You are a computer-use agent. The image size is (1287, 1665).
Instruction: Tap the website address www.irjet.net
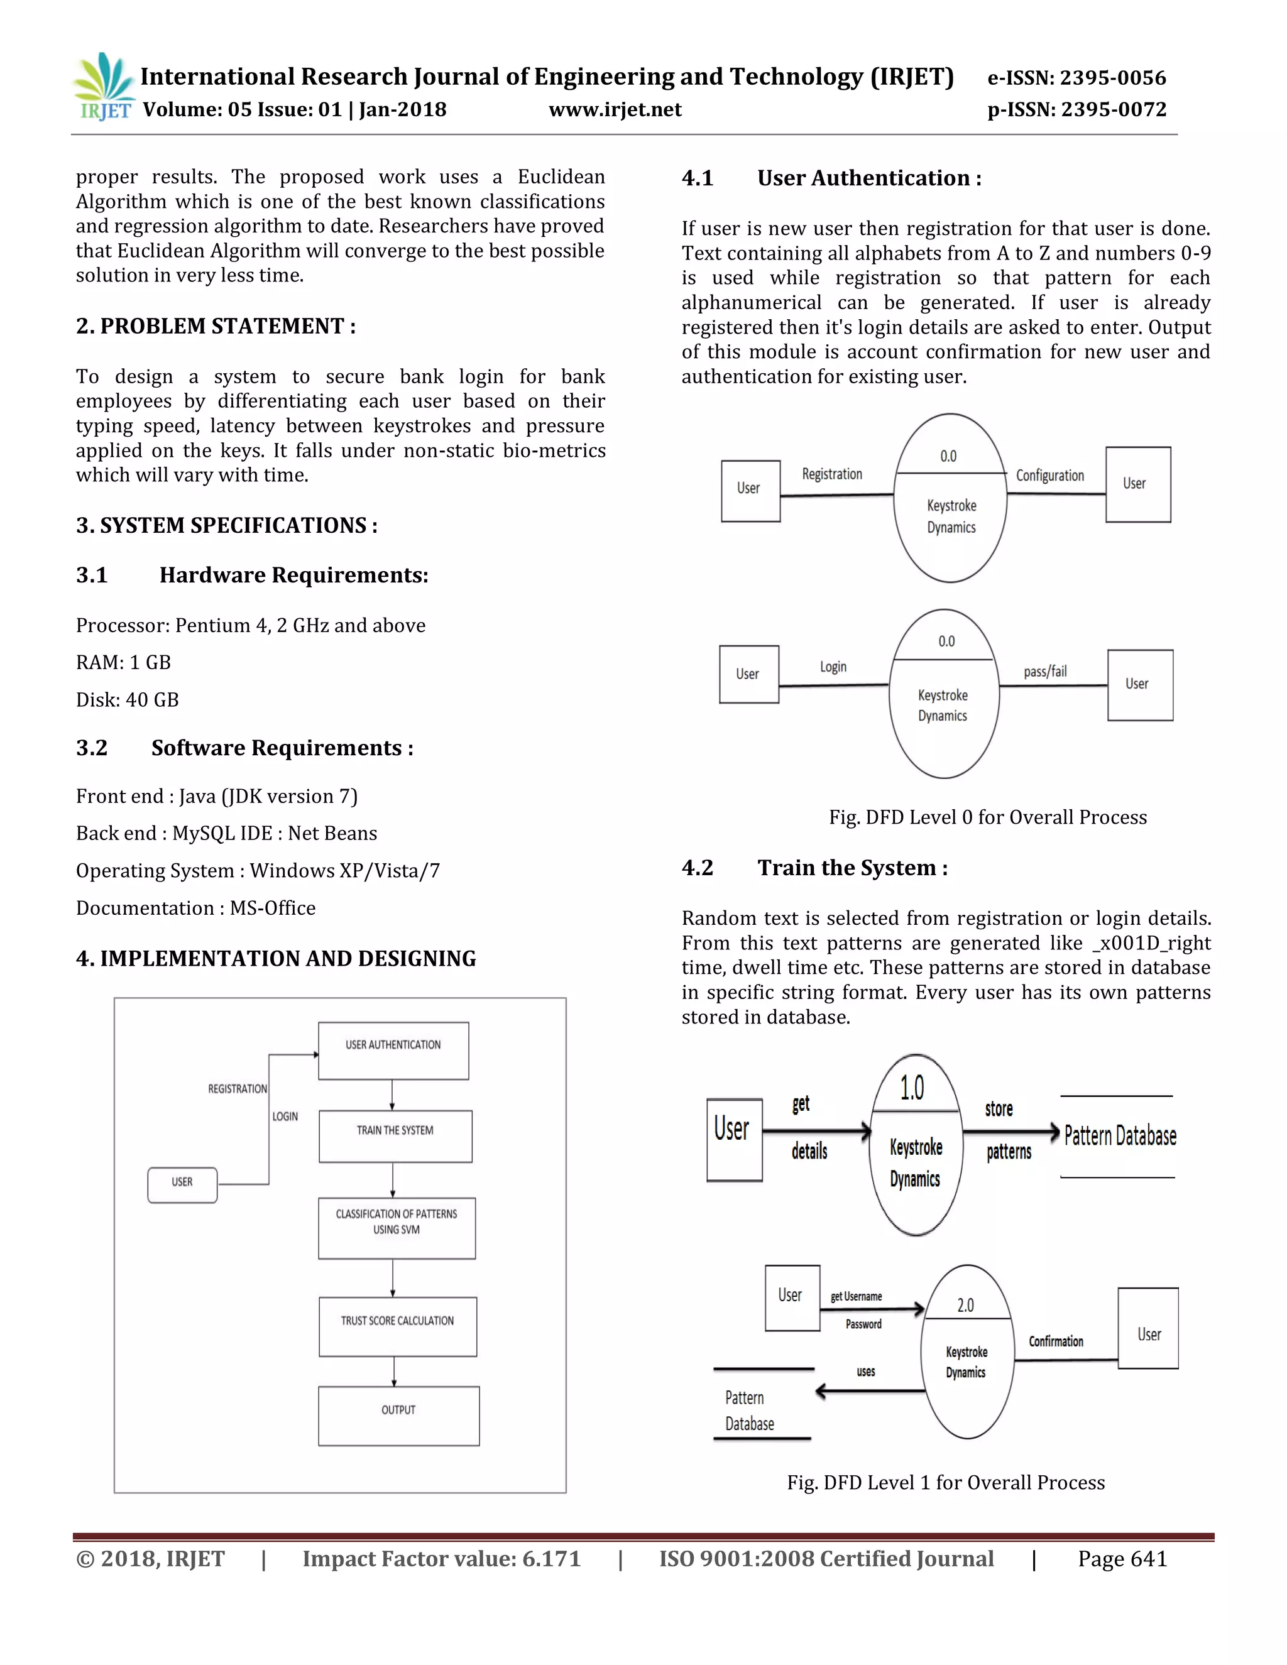point(615,110)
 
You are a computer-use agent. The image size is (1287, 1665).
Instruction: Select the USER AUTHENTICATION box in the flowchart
point(393,1050)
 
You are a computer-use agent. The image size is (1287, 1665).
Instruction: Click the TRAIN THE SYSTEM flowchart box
point(395,1135)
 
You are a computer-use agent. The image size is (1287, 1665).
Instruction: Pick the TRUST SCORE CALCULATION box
point(397,1326)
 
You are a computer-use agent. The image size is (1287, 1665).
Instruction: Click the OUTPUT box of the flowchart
point(398,1415)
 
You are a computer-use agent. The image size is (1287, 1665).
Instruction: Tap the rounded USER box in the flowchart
point(182,1185)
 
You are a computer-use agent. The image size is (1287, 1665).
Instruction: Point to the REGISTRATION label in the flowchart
point(237,1089)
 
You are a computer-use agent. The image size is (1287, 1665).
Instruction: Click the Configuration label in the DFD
point(1049,476)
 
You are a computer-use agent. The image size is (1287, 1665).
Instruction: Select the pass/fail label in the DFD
point(1044,672)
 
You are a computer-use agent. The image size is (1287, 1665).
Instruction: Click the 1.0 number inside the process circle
point(912,1088)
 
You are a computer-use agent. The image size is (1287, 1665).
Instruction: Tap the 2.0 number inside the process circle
point(965,1305)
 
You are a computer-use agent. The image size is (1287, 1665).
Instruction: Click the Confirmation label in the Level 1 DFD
point(1055,1341)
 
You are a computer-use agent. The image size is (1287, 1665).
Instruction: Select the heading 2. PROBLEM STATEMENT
point(216,326)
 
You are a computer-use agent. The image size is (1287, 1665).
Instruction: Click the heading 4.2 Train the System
point(814,868)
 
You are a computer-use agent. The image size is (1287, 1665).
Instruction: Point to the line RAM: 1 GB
point(124,662)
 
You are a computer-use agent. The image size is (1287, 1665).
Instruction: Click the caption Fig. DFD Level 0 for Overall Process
point(987,817)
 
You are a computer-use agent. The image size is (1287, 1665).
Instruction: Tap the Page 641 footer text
point(1122,1559)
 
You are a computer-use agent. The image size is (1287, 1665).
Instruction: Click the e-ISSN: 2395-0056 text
point(1076,78)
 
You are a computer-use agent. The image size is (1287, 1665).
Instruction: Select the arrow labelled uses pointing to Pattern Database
point(869,1391)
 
